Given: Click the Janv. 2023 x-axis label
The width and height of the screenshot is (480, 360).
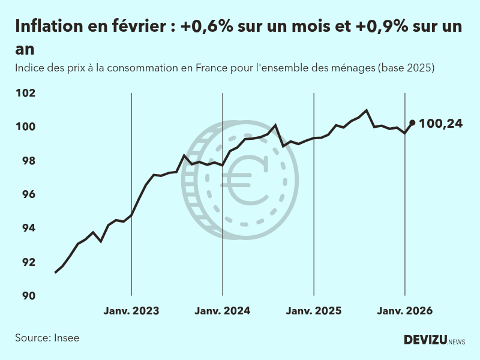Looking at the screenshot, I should pos(131,311).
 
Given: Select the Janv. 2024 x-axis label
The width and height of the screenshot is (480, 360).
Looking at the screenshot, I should pos(223,311).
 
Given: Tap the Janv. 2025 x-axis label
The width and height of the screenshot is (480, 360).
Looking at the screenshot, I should pos(314,311).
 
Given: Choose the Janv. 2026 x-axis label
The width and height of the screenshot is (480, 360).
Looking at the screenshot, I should pos(404,311).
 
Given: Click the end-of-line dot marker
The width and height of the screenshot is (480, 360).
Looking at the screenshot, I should pos(412,122).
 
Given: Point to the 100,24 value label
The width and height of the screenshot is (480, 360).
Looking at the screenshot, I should pos(441,124).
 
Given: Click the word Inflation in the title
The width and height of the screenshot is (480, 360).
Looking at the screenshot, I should pos(48,28).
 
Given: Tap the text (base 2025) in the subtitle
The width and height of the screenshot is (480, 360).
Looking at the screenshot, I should pos(406,68).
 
